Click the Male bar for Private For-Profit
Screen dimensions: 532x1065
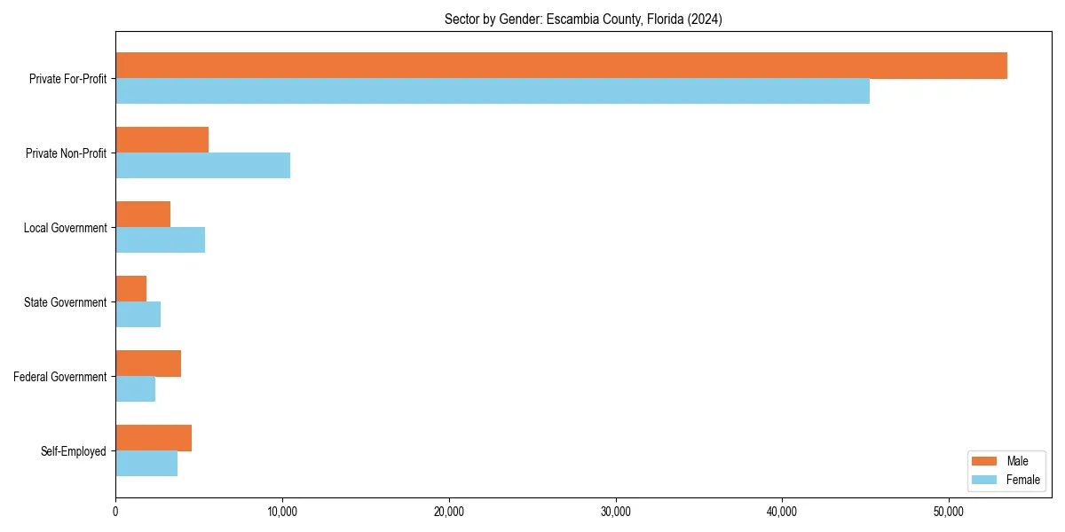coord(561,66)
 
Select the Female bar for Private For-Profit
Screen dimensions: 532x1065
coord(493,91)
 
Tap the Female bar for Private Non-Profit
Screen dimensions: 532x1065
coord(202,166)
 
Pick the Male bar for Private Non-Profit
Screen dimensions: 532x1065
coord(162,140)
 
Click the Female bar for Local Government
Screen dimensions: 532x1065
coord(160,240)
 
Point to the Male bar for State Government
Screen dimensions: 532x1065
coord(130,289)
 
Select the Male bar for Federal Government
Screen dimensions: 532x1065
coord(148,364)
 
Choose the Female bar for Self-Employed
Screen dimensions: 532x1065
coord(146,464)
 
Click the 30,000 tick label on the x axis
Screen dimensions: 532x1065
coord(615,512)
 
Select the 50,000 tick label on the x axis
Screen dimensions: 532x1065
coord(949,512)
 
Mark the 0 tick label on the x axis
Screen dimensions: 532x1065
coord(115,512)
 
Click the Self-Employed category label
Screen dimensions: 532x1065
coord(74,451)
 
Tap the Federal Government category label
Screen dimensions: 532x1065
coord(60,377)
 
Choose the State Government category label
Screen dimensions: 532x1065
coord(66,302)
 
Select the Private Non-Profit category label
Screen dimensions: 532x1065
coord(67,153)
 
